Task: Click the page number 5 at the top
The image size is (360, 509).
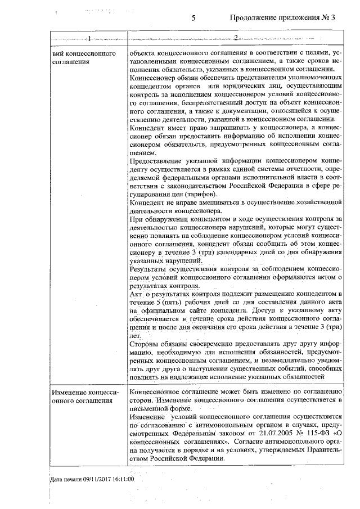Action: coord(193,18)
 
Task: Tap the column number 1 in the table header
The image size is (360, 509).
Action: coord(88,38)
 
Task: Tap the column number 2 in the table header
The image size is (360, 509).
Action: coord(236,38)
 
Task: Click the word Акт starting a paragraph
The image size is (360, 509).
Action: coord(136,294)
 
